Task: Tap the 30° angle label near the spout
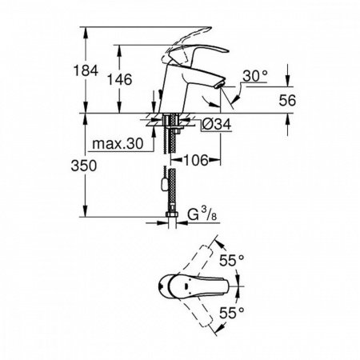click(x=254, y=77)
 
